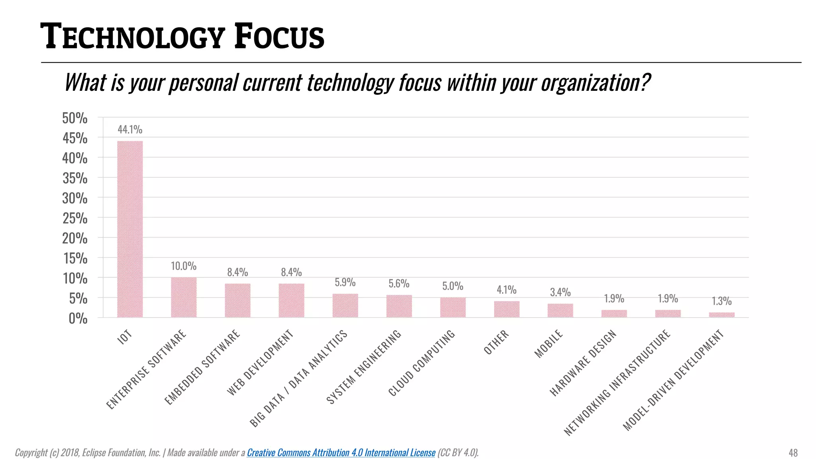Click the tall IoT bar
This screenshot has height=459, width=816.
[130, 229]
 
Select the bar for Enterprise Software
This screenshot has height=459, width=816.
[184, 297]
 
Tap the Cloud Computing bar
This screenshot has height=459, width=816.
[453, 307]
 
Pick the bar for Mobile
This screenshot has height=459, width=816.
[560, 310]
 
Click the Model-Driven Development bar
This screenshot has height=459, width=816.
[722, 315]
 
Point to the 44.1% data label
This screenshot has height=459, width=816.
[130, 129]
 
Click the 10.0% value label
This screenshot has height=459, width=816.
[184, 266]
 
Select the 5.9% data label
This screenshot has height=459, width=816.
[345, 282]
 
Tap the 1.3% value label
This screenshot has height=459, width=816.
[722, 301]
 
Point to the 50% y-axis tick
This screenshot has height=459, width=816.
[75, 118]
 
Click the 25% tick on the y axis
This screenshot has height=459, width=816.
[75, 218]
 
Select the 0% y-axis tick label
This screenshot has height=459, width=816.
[78, 318]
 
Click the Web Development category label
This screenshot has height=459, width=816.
[260, 362]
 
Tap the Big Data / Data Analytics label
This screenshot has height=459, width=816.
[298, 379]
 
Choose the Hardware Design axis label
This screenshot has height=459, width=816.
[583, 363]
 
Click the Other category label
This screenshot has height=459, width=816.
[496, 342]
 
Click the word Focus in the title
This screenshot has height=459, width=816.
[279, 37]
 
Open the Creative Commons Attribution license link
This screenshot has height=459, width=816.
[341, 453]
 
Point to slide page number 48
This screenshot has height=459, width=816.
[793, 453]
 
